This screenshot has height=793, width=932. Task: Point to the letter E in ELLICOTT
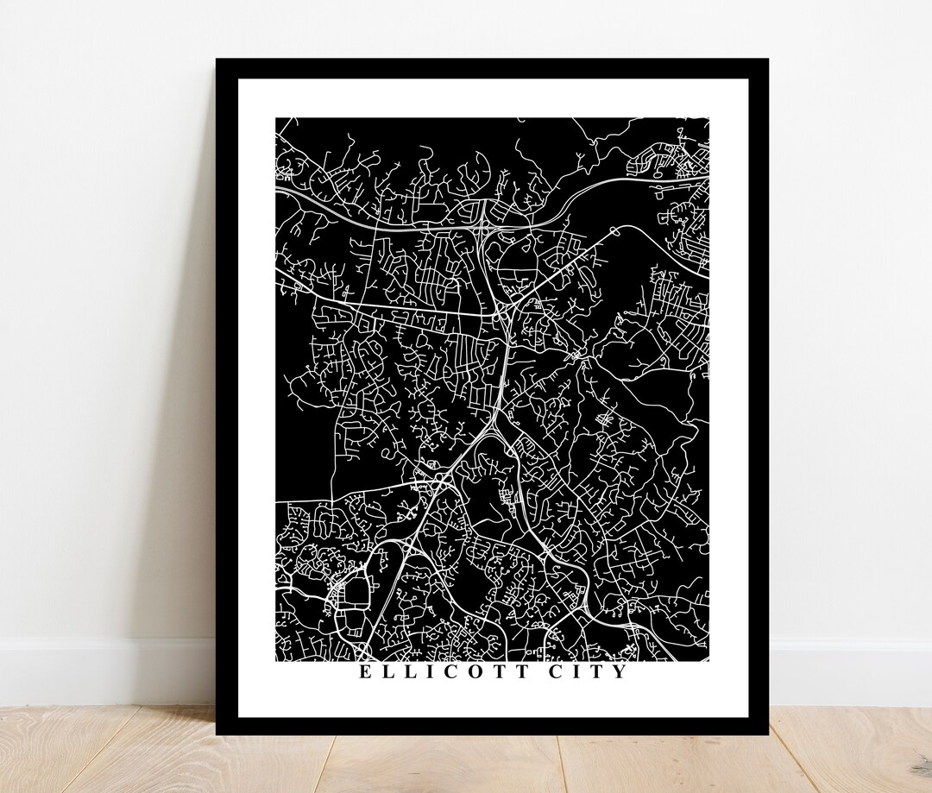coord(365,671)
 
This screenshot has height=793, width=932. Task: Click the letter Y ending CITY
coord(620,671)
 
